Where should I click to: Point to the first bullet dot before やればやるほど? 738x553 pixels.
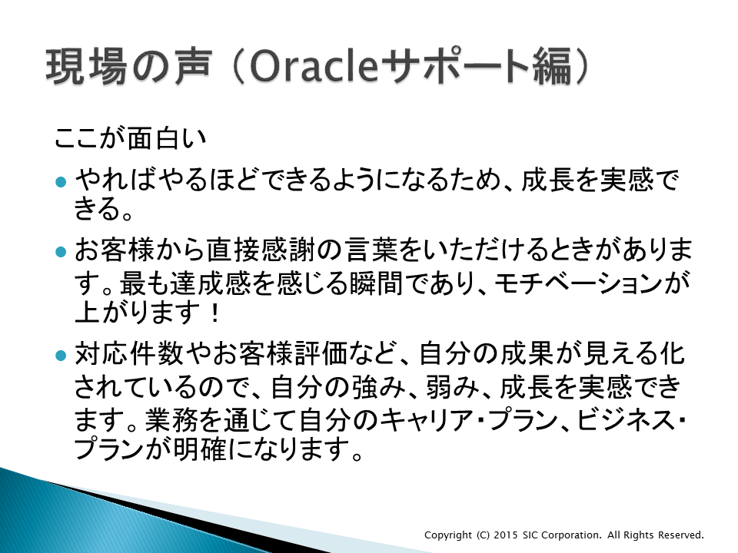(61, 182)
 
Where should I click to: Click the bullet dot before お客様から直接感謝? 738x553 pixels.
(61, 252)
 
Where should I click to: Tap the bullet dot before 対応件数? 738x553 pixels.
(61, 355)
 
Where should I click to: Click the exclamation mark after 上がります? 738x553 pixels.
(215, 313)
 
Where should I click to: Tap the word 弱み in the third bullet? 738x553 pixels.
(452, 387)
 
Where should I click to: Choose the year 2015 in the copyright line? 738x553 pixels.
(506, 535)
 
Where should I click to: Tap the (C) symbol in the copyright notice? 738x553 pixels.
(483, 535)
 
